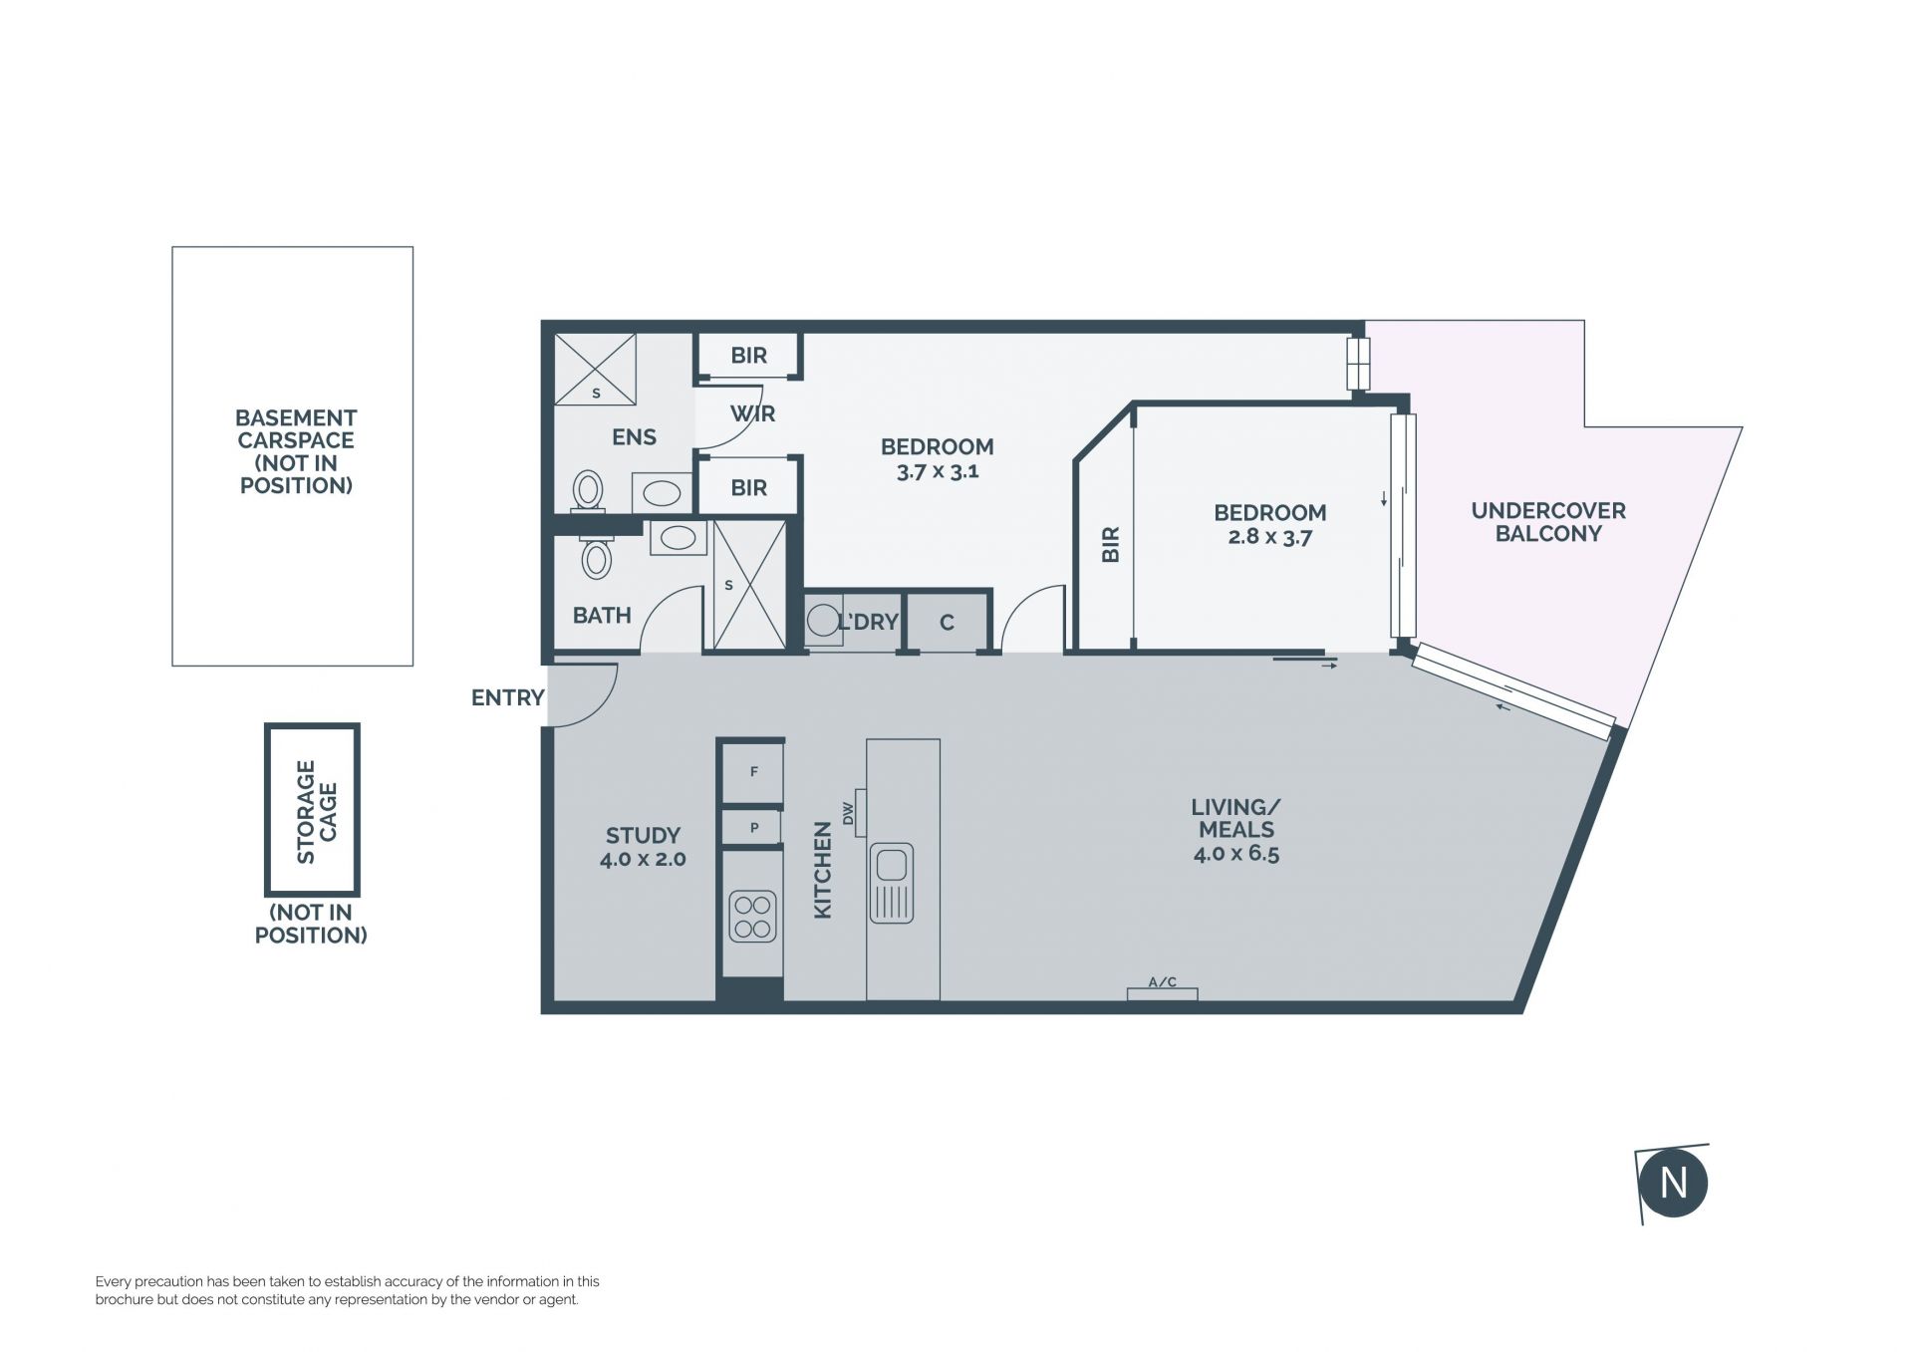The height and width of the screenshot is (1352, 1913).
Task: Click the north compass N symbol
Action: tap(1673, 1184)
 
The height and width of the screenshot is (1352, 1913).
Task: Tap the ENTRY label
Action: tap(507, 697)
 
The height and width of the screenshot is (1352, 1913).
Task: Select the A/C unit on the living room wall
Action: tap(1162, 993)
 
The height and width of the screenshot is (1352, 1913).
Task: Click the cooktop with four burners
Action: tap(752, 918)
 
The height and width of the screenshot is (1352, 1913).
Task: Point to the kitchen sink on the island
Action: tap(891, 883)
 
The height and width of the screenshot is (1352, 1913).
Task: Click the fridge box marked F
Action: tap(753, 771)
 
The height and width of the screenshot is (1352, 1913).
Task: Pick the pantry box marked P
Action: tap(752, 827)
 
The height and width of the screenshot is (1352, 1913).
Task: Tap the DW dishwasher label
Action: tap(849, 813)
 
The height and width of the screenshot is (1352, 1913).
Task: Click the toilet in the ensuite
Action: tap(589, 490)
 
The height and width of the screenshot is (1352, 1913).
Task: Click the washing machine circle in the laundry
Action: tap(823, 621)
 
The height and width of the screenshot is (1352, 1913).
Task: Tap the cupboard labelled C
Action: tap(947, 623)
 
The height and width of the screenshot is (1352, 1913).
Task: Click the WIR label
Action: tap(752, 413)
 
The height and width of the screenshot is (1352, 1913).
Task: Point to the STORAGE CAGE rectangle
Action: tap(312, 809)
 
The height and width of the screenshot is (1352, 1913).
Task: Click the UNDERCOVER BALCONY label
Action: tap(1548, 522)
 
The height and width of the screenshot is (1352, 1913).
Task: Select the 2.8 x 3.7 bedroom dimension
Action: tap(1269, 538)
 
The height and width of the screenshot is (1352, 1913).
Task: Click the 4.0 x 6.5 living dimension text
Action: tap(1235, 854)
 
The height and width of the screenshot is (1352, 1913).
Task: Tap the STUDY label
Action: tap(643, 835)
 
